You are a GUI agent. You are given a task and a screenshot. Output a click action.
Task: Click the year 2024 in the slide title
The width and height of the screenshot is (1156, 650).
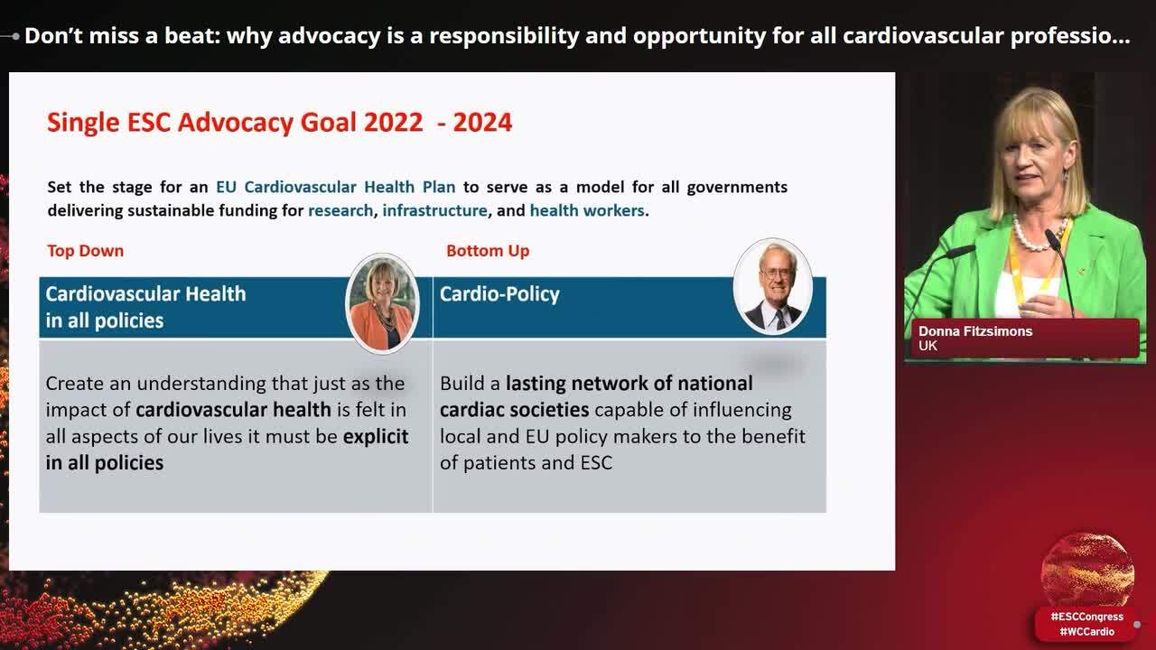pos(482,122)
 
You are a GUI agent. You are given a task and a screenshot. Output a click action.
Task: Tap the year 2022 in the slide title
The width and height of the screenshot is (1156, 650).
pos(393,122)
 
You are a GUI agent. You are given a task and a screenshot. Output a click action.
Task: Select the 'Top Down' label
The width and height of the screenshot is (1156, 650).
pos(86,251)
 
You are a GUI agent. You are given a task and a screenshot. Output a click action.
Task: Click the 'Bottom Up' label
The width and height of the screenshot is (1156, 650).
pos(488,251)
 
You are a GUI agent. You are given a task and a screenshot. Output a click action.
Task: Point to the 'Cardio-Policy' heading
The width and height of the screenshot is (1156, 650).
pos(499,294)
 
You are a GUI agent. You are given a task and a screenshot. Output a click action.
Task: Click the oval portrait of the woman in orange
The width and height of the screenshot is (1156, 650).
pos(382,302)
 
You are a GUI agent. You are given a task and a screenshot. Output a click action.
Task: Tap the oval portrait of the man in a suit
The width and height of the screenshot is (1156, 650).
pos(772,286)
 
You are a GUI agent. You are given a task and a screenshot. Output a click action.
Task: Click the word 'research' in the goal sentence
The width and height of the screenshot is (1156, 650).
pos(340,210)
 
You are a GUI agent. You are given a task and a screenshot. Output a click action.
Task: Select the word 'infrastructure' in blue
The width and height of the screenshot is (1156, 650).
pos(434,210)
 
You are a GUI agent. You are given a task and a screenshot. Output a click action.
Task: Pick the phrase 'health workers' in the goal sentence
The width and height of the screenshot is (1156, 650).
pos(587,210)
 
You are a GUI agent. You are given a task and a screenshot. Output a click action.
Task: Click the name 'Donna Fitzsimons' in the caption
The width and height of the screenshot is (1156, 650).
pos(975,331)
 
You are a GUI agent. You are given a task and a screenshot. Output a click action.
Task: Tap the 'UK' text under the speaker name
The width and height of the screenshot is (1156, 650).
pos(928,346)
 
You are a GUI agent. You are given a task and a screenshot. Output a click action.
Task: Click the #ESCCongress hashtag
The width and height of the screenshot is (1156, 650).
pos(1086,617)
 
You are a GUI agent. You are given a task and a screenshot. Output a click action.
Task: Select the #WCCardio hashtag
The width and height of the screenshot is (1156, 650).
pos(1086,631)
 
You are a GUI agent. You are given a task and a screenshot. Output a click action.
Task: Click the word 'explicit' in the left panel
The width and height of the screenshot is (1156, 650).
pos(376,436)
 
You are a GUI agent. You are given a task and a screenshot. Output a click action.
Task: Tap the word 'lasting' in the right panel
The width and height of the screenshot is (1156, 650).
pos(536,384)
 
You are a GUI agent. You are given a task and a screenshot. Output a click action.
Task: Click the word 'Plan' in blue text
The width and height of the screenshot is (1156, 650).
pos(439,187)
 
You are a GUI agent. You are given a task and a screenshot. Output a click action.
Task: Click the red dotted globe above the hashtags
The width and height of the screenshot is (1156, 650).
pos(1087,569)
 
